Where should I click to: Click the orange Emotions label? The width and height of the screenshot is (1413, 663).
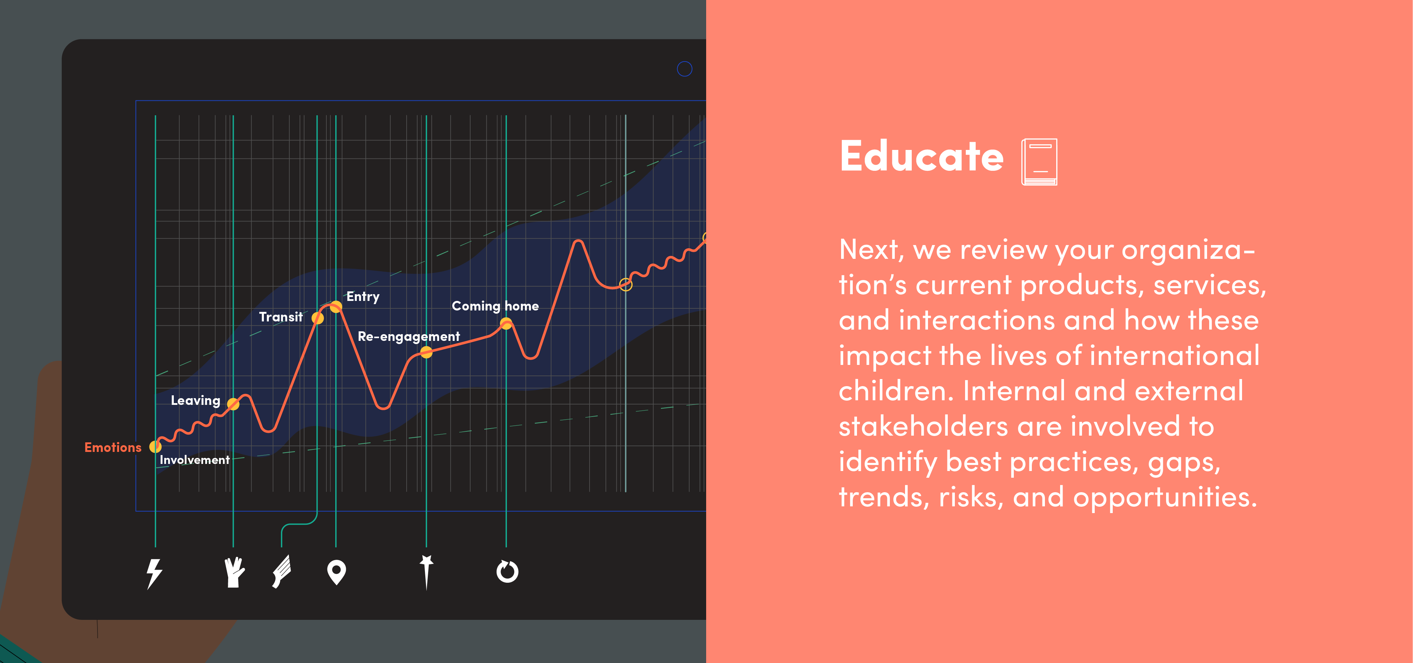click(113, 447)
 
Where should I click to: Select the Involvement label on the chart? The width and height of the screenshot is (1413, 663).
click(194, 460)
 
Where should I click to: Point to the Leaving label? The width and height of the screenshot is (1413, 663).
click(195, 401)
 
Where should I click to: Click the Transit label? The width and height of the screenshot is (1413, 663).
click(281, 317)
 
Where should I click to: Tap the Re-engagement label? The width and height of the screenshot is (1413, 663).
click(409, 336)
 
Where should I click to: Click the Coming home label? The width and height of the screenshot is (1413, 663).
click(495, 306)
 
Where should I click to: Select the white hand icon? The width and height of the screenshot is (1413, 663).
click(234, 572)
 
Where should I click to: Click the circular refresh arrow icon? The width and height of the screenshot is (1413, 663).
click(507, 572)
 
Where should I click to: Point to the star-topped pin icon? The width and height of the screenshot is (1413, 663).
click(426, 572)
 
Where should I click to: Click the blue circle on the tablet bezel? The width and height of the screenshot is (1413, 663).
click(685, 69)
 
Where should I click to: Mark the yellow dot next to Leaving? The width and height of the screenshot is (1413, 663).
click(233, 405)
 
